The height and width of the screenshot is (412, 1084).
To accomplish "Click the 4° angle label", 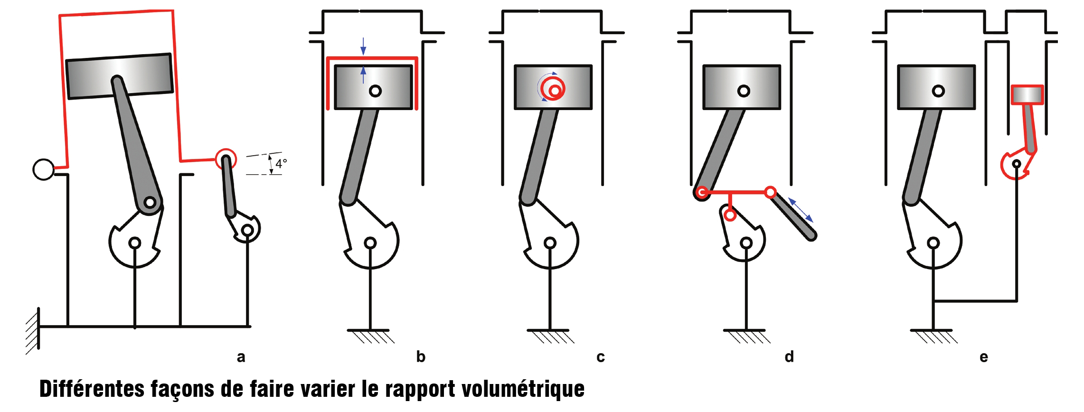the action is [x=281, y=164].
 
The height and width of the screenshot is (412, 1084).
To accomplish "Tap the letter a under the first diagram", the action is [x=241, y=357].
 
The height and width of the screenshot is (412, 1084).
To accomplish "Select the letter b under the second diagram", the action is [x=421, y=356].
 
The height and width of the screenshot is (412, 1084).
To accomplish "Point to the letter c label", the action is [x=601, y=357].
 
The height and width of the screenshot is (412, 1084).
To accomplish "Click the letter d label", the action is [x=789, y=356].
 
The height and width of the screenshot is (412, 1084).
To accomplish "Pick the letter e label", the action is [x=984, y=357].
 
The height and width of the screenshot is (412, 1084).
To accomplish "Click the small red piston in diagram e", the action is [x=1027, y=95].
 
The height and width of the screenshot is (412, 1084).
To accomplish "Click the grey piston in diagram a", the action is [x=120, y=76].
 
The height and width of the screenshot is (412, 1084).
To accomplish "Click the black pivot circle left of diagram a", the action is [x=43, y=169].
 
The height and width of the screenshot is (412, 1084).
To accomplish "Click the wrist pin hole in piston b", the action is [x=375, y=91].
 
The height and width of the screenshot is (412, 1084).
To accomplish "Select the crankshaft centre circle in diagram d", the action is [x=746, y=243].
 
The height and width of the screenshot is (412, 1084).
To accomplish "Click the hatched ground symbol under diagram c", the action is [x=550, y=336].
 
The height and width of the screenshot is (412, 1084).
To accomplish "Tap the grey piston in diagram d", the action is [x=742, y=87].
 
